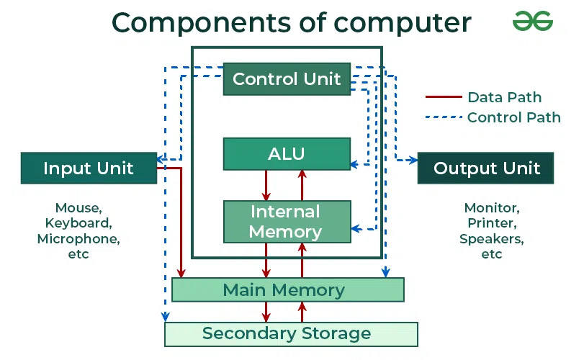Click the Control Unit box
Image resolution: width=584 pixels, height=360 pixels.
[x=287, y=78]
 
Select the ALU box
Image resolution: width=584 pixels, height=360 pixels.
[x=287, y=153]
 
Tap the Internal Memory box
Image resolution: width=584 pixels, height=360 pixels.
[x=287, y=222]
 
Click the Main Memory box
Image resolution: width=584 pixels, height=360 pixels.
[x=287, y=289]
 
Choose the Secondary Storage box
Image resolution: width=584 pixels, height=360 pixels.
[x=291, y=334]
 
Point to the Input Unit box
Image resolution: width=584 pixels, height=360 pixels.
[x=89, y=168]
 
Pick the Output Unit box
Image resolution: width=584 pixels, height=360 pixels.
[x=486, y=168]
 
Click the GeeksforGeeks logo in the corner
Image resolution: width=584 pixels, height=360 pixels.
[x=532, y=22]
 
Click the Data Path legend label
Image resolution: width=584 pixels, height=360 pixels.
[x=504, y=97]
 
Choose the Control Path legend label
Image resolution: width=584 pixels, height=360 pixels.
[x=513, y=117]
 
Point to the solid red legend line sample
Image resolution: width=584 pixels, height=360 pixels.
[x=443, y=97]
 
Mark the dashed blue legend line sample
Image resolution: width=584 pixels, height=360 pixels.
[x=443, y=117]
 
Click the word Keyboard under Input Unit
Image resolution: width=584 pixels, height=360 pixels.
[x=78, y=223]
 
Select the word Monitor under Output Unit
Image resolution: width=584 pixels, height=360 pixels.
[x=491, y=208]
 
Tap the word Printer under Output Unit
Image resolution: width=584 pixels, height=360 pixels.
[x=491, y=223]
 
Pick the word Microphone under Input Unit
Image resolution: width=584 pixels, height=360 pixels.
[x=78, y=238]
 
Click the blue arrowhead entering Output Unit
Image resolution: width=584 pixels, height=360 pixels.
[x=413, y=159]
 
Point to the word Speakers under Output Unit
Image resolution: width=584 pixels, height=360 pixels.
[x=491, y=238]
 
